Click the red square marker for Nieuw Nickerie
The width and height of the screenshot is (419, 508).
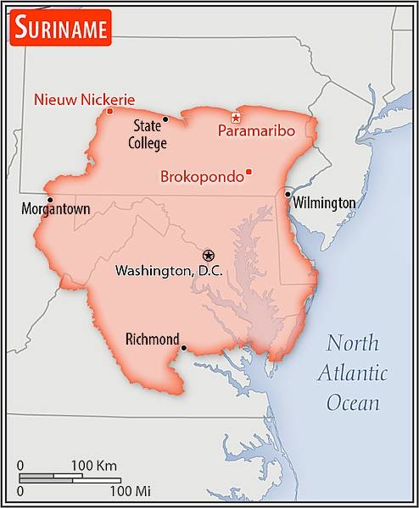click(x=109, y=111)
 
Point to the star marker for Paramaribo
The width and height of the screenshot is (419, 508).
click(x=236, y=117)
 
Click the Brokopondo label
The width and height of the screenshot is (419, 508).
click(x=200, y=177)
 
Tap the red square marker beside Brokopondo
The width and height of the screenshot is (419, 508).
click(x=249, y=173)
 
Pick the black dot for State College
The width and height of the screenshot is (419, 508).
click(x=165, y=119)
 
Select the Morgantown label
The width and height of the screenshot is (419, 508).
click(x=58, y=209)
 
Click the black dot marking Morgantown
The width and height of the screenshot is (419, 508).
click(x=50, y=200)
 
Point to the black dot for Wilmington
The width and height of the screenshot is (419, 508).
click(x=288, y=195)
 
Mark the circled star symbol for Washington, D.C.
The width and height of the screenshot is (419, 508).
click(x=209, y=254)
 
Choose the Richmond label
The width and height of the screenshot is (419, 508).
click(x=152, y=339)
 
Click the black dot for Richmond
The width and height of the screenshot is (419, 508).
click(x=184, y=346)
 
